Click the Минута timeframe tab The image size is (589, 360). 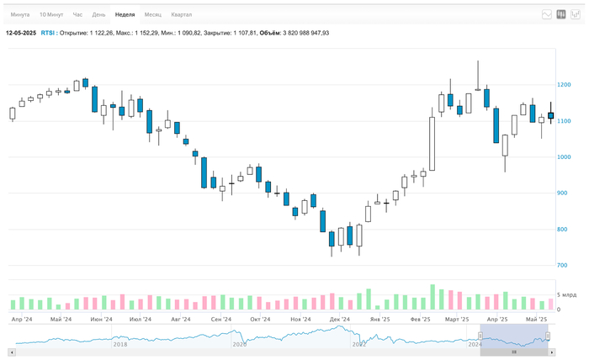coord(20,15)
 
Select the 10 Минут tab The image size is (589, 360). coord(50,15)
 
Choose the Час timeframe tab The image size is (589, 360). coord(77,15)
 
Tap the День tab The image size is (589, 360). coord(99,15)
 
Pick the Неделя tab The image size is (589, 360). coord(125,15)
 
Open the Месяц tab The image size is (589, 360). coord(153,15)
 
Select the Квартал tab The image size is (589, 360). coord(181,15)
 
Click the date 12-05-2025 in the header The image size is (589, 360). coord(21,33)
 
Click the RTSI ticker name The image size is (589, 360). coord(49,33)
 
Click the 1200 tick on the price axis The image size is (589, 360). coord(564,85)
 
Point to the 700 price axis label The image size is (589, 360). coord(563,266)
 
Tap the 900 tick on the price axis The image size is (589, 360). coord(563,193)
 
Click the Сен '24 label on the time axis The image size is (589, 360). coord(221,320)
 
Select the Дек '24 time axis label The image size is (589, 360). coord(340,320)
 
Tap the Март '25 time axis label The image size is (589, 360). coord(457,320)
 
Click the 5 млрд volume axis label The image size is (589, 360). coord(568,296)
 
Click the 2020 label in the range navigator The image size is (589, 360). coord(240,344)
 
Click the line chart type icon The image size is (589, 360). coord(547,14)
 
